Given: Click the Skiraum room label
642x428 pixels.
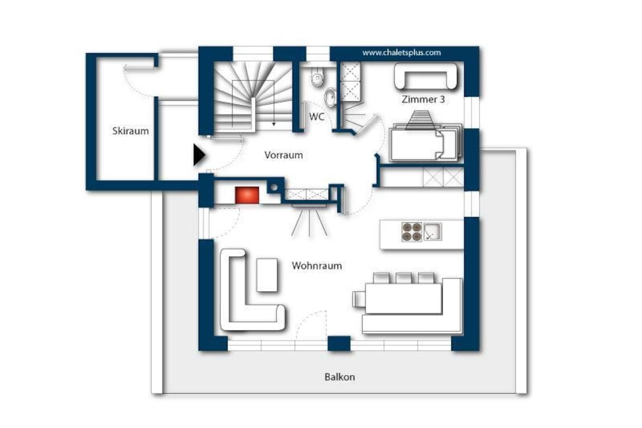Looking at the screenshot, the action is pyautogui.click(x=130, y=131).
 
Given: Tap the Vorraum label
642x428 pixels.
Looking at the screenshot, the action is pyautogui.click(x=283, y=155).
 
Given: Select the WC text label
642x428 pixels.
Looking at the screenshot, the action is pyautogui.click(x=317, y=117).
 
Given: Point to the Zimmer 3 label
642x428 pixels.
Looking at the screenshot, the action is pyautogui.click(x=423, y=99).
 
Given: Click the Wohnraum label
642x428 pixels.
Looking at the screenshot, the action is pyautogui.click(x=317, y=266).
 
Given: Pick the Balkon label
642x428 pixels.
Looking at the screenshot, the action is pyautogui.click(x=340, y=377).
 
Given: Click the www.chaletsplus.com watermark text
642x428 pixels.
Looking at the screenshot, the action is pyautogui.click(x=402, y=53).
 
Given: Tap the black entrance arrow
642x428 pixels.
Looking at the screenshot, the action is pyautogui.click(x=199, y=155).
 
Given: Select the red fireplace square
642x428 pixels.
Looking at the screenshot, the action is pyautogui.click(x=247, y=195).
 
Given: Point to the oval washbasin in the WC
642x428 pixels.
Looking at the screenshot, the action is pyautogui.click(x=329, y=97).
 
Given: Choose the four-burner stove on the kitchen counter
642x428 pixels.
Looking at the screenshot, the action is pyautogui.click(x=412, y=232).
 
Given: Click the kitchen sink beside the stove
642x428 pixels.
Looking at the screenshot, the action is pyautogui.click(x=433, y=232).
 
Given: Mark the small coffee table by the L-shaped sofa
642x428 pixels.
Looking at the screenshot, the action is pyautogui.click(x=267, y=275).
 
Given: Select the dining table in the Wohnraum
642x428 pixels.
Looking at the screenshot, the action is pyautogui.click(x=404, y=298).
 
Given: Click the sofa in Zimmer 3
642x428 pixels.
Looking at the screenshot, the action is pyautogui.click(x=425, y=76).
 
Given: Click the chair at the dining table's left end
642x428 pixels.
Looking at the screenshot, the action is pyautogui.click(x=359, y=299).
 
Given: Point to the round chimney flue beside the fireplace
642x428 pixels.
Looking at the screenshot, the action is pyautogui.click(x=274, y=188).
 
